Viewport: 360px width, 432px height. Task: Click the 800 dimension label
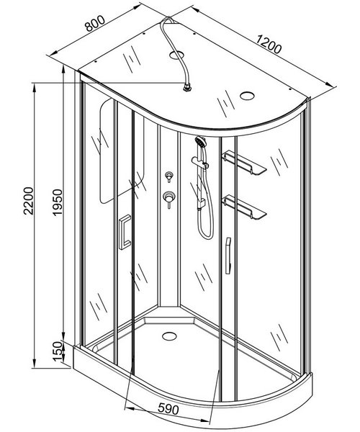(95, 24)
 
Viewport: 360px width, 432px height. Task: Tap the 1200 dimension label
(269, 44)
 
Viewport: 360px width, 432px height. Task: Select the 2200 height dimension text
(28, 201)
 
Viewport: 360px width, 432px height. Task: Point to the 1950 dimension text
(58, 202)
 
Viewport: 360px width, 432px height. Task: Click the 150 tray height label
(58, 351)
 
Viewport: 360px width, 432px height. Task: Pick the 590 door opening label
(168, 409)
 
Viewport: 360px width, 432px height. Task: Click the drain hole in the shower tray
(169, 336)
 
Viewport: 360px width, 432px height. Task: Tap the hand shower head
(201, 142)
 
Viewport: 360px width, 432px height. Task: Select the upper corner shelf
(243, 163)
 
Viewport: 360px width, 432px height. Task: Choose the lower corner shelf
(243, 207)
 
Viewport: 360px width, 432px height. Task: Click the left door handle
(125, 232)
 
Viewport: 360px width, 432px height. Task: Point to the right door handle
(228, 256)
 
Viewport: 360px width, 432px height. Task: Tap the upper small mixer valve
(169, 176)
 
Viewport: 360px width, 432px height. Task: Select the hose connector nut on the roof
(188, 88)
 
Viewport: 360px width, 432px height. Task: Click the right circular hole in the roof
(247, 96)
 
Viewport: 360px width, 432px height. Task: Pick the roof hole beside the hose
(176, 55)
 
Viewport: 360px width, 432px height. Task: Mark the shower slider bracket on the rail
(200, 162)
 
